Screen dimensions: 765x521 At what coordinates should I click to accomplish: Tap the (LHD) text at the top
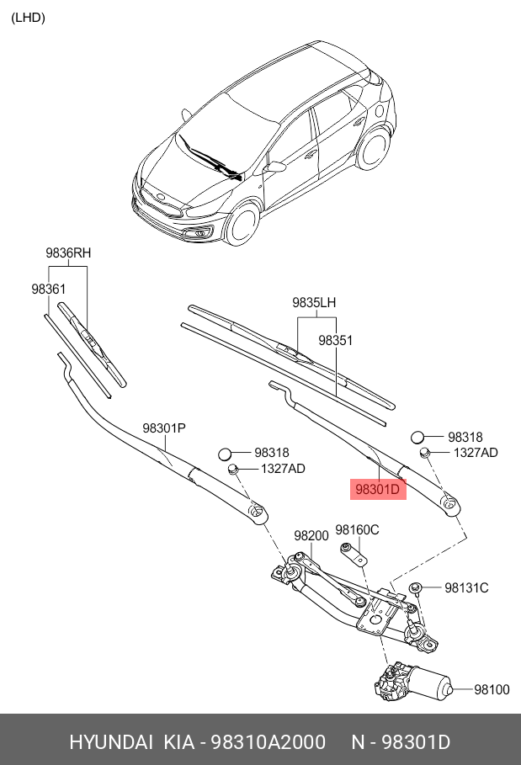pyautogui.click(x=28, y=18)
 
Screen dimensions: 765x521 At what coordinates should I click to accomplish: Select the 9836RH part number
pyautogui.click(x=67, y=253)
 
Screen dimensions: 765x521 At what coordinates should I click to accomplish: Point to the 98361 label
pyautogui.click(x=49, y=289)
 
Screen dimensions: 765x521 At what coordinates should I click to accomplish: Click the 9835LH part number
pyautogui.click(x=314, y=302)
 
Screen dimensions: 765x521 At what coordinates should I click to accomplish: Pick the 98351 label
pyautogui.click(x=335, y=341)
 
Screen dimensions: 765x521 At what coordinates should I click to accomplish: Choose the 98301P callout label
pyautogui.click(x=163, y=428)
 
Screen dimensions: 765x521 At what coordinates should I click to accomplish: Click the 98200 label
pyautogui.click(x=311, y=535)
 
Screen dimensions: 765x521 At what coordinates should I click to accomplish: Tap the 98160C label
pyautogui.click(x=357, y=529)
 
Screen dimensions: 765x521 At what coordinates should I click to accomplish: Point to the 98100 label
pyautogui.click(x=492, y=689)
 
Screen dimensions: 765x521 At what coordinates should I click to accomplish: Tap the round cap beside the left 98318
pyautogui.click(x=226, y=454)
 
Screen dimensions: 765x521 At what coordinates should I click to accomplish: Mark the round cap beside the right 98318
pyautogui.click(x=418, y=437)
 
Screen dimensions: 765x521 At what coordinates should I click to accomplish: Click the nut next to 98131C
pyautogui.click(x=415, y=587)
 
